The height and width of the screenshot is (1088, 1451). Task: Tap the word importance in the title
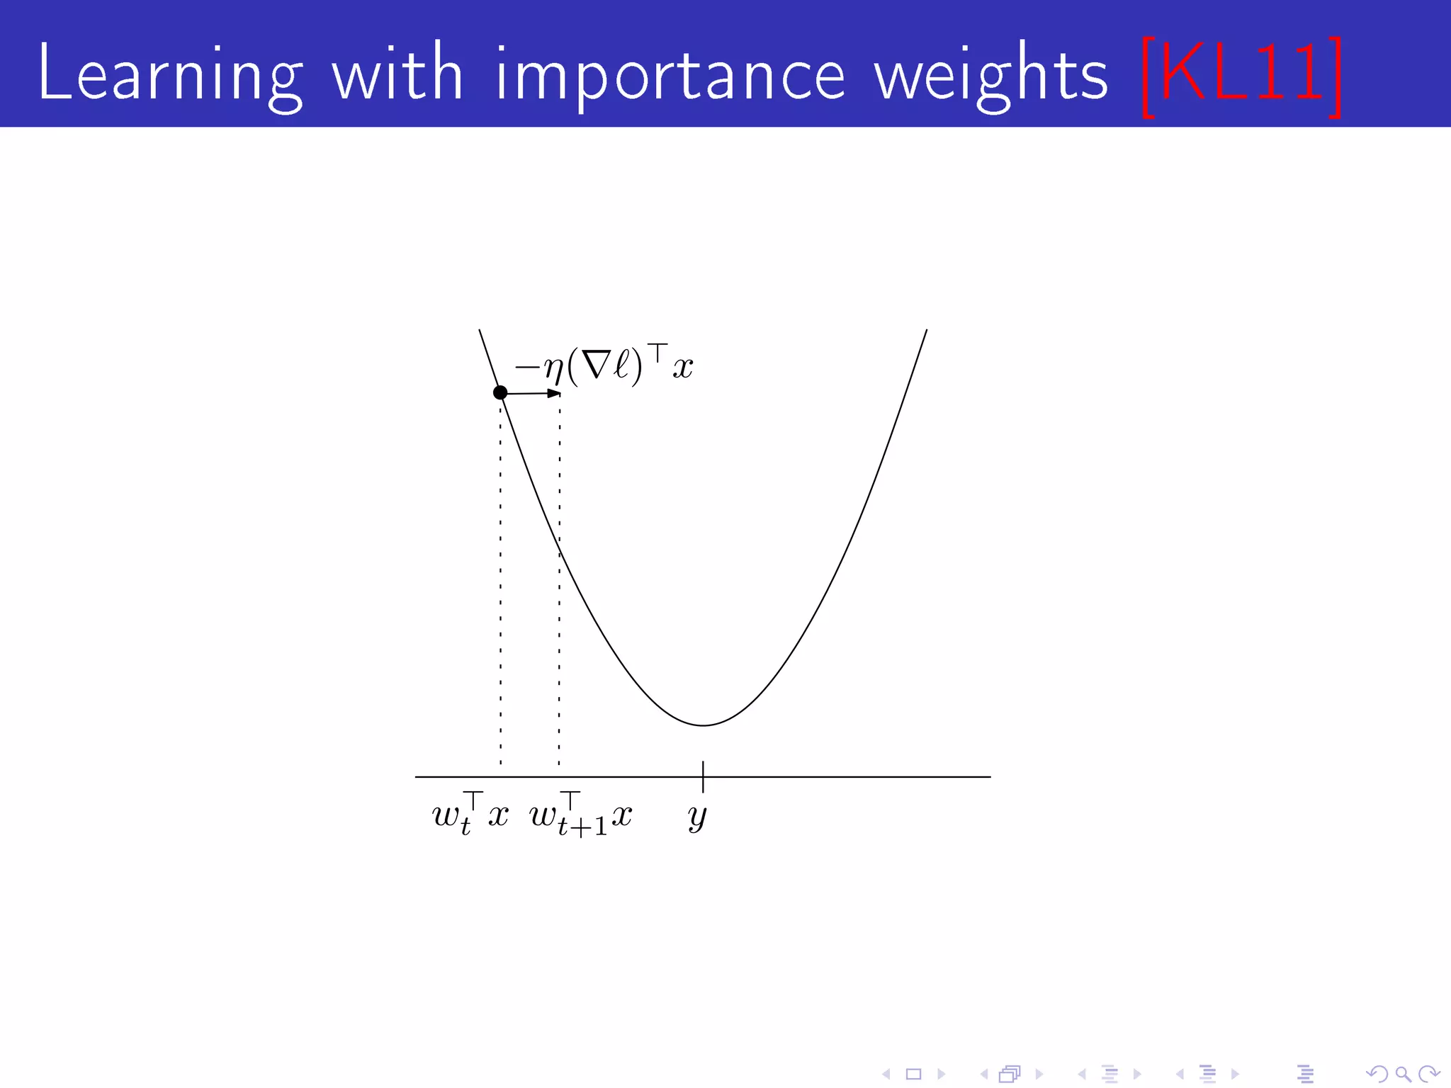(670, 74)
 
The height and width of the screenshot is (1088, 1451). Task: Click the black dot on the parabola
(500, 392)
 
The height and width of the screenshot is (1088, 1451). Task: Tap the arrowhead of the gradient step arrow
(555, 393)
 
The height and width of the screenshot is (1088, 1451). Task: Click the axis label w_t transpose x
(470, 815)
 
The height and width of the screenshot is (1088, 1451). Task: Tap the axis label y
(697, 817)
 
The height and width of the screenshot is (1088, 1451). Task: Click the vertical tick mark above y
(703, 776)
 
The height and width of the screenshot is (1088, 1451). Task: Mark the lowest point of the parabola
(703, 725)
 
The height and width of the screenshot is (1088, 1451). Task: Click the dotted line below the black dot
(500, 581)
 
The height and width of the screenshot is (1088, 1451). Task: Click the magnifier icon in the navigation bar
(1402, 1075)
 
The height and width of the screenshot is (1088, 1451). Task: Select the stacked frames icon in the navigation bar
(1010, 1075)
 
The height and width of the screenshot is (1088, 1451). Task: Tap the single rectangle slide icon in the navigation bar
(913, 1075)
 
